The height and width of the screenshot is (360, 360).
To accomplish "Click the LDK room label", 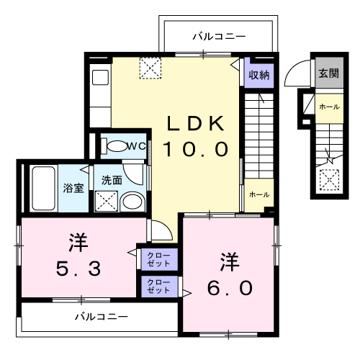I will click(196, 123).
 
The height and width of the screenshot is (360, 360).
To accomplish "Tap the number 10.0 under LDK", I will click(195, 149).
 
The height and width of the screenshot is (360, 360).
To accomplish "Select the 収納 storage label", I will click(259, 74).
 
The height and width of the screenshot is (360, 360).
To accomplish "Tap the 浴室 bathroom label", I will click(73, 189).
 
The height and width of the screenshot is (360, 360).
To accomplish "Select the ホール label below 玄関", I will click(328, 107).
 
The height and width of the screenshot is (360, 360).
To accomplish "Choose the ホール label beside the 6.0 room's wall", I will click(259, 195).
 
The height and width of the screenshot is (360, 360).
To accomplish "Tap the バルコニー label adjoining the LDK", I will click(220, 35).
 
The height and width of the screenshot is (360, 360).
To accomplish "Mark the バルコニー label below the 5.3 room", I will click(102, 316).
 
